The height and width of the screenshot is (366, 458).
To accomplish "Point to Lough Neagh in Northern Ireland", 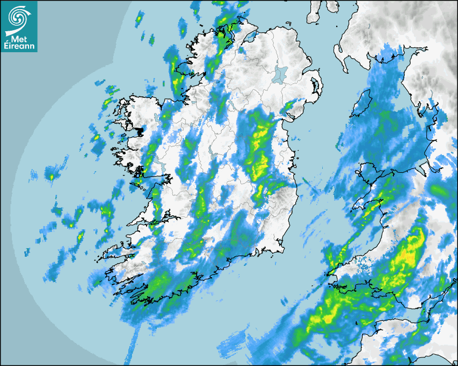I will tap(279, 74).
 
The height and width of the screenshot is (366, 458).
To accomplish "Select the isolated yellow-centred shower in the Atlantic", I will tap(51, 176).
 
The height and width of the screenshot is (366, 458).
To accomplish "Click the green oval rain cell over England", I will tap(439, 190).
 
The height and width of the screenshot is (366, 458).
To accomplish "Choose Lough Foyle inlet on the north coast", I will tap(251, 37).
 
